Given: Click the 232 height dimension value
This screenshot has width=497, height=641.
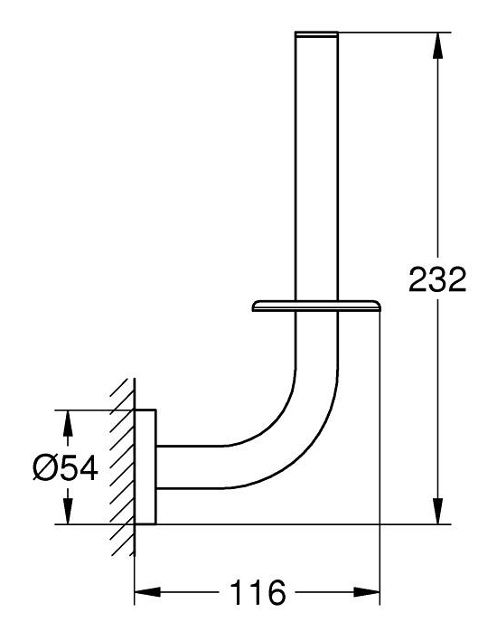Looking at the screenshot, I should [x=436, y=280].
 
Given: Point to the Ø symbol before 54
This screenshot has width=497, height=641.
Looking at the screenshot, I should [x=44, y=467].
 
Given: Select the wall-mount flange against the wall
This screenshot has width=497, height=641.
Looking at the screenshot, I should [x=145, y=467].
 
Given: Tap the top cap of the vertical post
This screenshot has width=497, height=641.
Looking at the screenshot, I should [x=317, y=34].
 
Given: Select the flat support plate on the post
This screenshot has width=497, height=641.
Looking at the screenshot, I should [x=316, y=309].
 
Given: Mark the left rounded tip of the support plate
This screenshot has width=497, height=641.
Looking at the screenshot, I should [x=257, y=310].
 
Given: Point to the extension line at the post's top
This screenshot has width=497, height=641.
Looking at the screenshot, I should [x=389, y=33].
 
